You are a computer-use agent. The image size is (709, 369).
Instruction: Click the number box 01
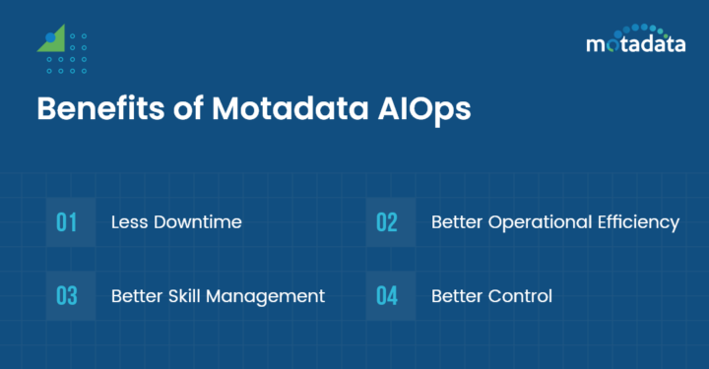pos(67,222)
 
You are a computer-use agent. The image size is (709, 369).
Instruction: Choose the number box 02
pos(387,222)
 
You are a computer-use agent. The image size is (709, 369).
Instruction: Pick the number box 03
pos(67,296)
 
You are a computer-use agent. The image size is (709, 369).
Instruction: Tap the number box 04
pos(387,296)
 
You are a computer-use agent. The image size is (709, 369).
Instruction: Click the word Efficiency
pos(640,222)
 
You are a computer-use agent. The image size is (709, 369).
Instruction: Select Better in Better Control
pos(457,296)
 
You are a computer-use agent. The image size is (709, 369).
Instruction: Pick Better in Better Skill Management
pos(136,296)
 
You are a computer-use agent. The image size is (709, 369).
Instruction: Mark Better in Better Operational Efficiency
pos(457,222)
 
